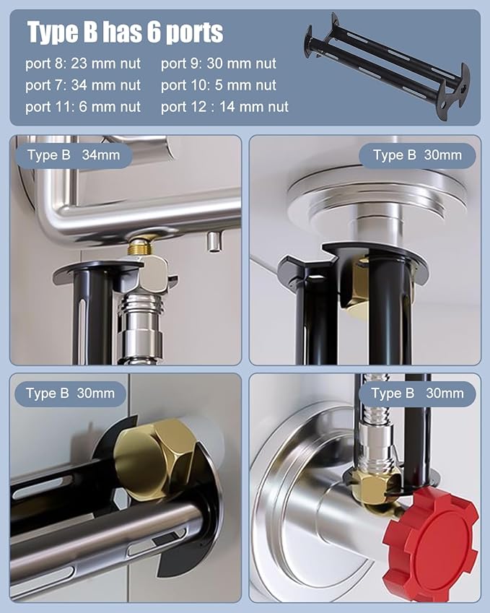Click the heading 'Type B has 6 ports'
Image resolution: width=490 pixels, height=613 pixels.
(x=125, y=32)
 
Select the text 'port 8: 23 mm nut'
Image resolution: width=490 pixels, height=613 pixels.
(x=83, y=64)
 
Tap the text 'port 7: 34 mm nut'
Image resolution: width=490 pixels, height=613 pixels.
(x=83, y=84)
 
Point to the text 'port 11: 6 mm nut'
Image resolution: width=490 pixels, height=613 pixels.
(x=83, y=106)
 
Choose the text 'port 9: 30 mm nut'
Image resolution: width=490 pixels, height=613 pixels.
(x=219, y=64)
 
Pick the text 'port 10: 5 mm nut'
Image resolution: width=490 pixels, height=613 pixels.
(x=219, y=84)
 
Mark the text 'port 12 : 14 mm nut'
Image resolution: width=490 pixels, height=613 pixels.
(x=224, y=106)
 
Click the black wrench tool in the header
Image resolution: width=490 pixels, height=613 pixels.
(x=387, y=66)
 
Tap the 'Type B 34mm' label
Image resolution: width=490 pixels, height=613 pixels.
(x=74, y=155)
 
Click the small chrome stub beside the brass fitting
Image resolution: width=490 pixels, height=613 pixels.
(x=213, y=242)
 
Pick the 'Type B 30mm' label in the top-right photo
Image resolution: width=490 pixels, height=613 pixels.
(x=417, y=155)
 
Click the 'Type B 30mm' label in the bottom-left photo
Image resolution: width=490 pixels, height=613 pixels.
(x=70, y=394)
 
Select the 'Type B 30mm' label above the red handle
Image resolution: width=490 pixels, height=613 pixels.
(x=417, y=394)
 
